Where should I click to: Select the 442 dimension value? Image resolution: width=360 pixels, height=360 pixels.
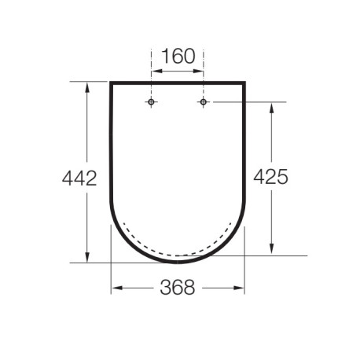(x=79, y=178)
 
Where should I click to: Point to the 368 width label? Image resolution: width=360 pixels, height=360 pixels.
(x=178, y=288)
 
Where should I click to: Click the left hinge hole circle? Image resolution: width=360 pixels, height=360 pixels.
(x=151, y=102)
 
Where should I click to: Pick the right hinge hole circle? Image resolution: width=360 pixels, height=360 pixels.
(x=204, y=102)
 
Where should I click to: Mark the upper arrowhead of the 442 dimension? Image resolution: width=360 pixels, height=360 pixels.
(x=86, y=85)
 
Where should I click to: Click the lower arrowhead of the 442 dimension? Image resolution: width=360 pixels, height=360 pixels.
(x=86, y=259)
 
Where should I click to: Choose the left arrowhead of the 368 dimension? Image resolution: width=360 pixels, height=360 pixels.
(x=115, y=288)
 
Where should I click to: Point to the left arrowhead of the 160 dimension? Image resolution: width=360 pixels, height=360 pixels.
(x=155, y=72)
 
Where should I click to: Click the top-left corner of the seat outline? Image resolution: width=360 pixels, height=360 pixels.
(x=110, y=83)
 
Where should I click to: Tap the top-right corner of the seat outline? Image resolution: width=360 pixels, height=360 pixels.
(x=244, y=83)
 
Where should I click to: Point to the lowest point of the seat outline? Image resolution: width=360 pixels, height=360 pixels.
(x=178, y=263)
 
